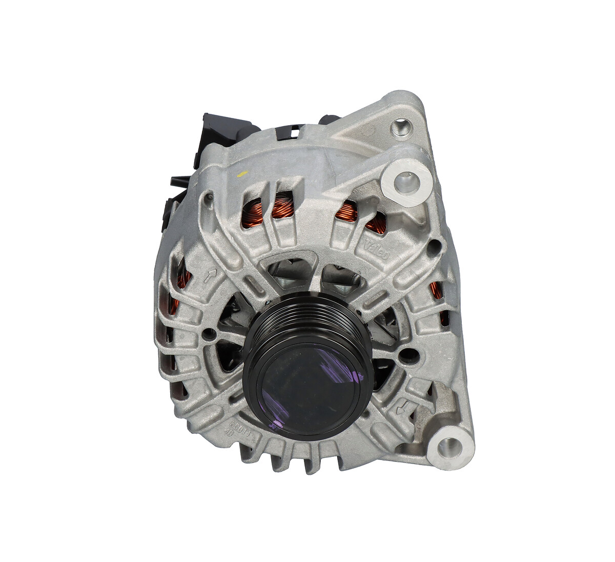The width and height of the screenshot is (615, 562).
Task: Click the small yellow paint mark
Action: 242,173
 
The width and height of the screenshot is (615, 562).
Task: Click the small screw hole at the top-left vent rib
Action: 209,195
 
